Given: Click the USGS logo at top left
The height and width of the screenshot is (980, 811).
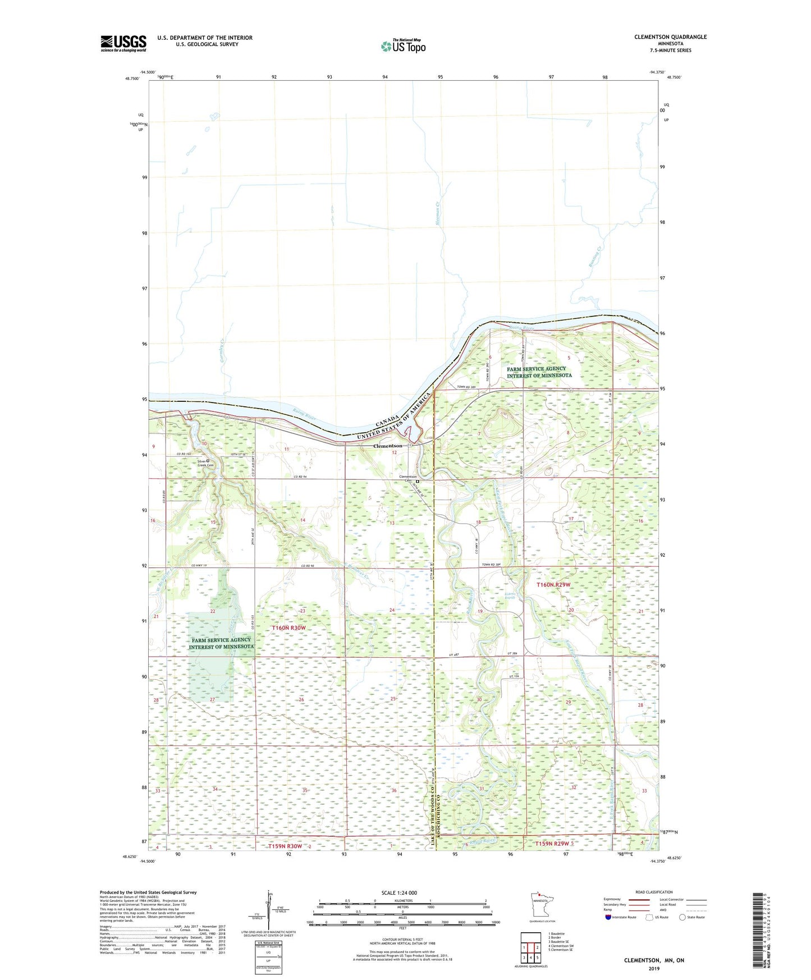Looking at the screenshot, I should tap(123, 43).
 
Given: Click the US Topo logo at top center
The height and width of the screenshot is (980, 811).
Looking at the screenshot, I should tap(403, 46).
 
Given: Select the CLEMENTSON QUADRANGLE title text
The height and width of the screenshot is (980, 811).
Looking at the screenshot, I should tap(670, 37).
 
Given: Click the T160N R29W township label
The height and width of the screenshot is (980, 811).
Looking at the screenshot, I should tap(553, 584).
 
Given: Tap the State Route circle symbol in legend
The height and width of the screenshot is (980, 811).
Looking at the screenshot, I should tap(682, 933).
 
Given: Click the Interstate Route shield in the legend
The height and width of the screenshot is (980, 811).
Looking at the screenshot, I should tap(609, 933).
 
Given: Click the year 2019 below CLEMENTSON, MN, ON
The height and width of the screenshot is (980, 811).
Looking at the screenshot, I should tap(654, 969).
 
